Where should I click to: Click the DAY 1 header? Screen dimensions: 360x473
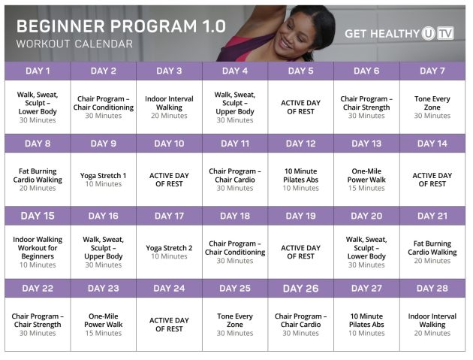coord(38,71)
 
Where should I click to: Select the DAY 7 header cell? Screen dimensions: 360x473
coord(432,71)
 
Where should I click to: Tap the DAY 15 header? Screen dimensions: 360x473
coord(38,216)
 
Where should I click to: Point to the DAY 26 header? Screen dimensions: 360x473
coord(300,289)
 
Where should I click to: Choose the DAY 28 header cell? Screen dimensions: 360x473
coord(432,289)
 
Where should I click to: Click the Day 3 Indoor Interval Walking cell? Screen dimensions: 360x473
coord(169,106)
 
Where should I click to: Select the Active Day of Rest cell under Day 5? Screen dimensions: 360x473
coord(300,106)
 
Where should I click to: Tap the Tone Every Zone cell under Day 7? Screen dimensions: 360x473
coord(432,106)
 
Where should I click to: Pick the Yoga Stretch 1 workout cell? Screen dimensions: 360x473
coord(104,180)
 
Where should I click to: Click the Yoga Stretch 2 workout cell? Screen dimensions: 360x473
coord(169,252)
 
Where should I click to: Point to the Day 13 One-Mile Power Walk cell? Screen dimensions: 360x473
coord(366,180)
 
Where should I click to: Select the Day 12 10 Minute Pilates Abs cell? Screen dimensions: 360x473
coord(300,180)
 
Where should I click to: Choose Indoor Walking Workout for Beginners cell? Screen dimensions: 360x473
coord(38,252)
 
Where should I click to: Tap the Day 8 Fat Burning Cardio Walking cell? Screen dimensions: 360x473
coord(38,180)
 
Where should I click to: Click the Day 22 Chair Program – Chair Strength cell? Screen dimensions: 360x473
coord(38,324)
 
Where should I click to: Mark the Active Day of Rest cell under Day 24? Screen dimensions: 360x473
coord(169,324)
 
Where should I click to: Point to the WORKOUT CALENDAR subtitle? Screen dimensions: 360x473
coord(74,44)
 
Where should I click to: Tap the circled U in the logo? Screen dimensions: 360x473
coord(428,34)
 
